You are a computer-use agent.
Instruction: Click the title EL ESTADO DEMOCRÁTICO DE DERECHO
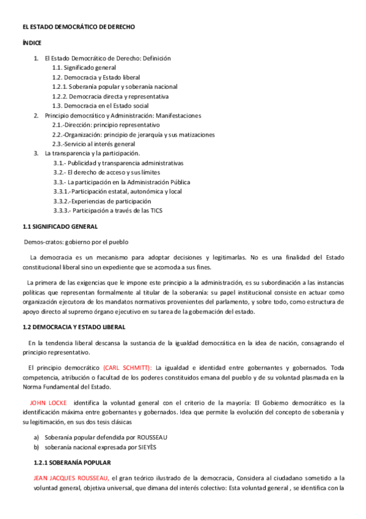click(79, 28)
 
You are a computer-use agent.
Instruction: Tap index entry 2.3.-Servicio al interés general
click(93, 144)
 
